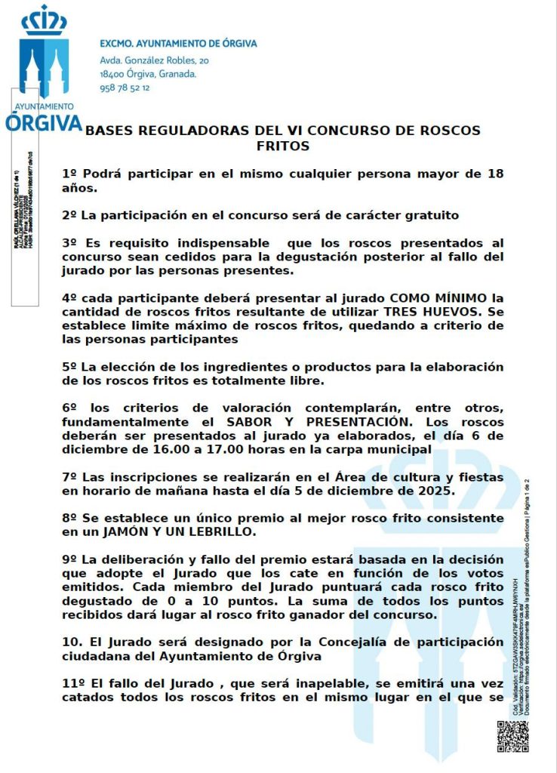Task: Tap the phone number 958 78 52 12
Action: click(125, 88)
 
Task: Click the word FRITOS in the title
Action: click(283, 146)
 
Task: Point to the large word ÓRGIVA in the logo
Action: click(43, 123)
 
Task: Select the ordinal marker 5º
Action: click(69, 366)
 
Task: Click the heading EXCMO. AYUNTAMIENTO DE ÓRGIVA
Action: click(178, 44)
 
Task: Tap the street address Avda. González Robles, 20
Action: click(155, 60)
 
